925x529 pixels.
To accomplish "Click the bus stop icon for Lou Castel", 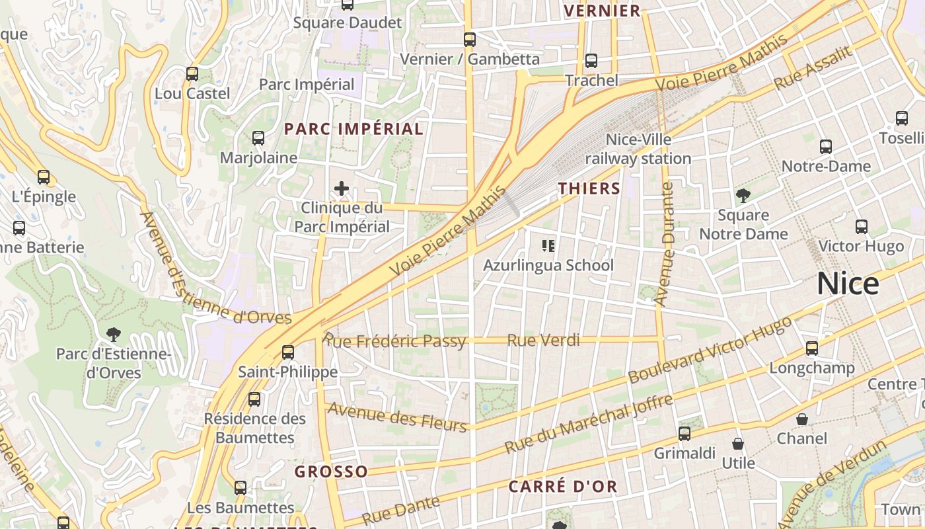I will click(x=192, y=74).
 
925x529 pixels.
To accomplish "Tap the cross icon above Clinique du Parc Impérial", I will click(x=342, y=189).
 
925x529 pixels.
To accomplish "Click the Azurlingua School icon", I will click(x=548, y=246).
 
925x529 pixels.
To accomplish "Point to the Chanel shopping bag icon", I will click(x=801, y=419).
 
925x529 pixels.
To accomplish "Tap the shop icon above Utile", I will click(x=738, y=444).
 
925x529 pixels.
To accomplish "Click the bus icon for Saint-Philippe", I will click(x=288, y=352).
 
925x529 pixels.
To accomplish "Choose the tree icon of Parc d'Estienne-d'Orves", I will click(x=114, y=333).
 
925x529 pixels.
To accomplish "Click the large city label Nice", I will click(x=848, y=284).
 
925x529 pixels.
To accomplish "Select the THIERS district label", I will click(x=589, y=188).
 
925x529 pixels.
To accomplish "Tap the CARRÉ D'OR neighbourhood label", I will click(x=563, y=487).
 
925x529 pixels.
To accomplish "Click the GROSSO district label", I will click(x=331, y=471).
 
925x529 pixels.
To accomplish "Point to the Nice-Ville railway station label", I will click(x=638, y=149).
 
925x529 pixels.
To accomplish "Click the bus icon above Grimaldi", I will click(x=684, y=434).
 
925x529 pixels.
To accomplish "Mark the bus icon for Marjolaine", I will click(x=258, y=138).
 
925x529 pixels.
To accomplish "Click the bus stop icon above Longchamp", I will click(x=812, y=348).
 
